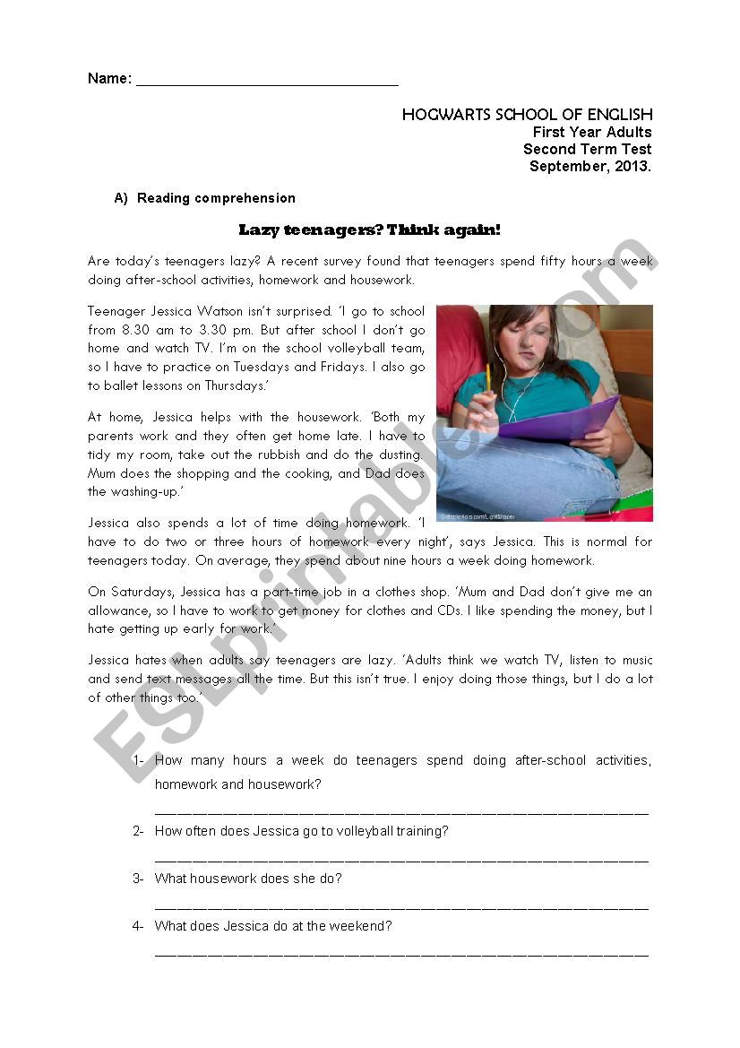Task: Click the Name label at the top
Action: tap(108, 79)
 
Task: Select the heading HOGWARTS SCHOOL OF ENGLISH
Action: tap(527, 115)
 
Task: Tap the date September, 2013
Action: tap(590, 166)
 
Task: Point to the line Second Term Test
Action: tap(588, 149)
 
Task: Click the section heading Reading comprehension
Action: tap(216, 198)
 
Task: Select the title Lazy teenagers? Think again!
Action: tap(369, 230)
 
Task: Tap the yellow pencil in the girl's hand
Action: tap(488, 381)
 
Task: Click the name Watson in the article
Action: tap(245, 312)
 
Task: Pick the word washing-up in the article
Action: tap(125, 491)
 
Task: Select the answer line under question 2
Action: tap(401, 859)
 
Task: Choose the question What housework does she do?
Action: tap(248, 879)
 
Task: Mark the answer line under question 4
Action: tap(401, 954)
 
